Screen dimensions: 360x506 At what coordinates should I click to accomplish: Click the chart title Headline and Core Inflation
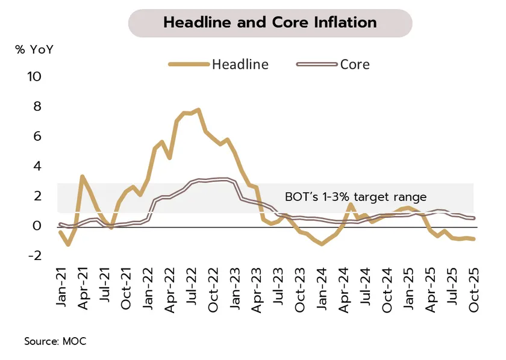click(x=270, y=23)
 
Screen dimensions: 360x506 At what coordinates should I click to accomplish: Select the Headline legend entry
click(x=240, y=64)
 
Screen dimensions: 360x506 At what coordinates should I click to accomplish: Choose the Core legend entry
click(x=355, y=64)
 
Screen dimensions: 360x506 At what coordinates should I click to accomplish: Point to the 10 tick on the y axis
click(x=34, y=77)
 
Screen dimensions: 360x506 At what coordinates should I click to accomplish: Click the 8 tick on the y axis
click(x=37, y=107)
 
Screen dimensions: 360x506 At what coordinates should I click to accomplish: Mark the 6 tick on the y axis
click(x=37, y=137)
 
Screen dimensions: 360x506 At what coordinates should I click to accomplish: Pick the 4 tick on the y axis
click(x=37, y=166)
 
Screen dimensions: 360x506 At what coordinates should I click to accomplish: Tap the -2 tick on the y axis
click(x=34, y=256)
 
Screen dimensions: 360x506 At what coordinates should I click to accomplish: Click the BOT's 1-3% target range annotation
click(x=355, y=197)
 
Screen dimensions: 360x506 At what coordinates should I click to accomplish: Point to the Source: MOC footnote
click(x=55, y=341)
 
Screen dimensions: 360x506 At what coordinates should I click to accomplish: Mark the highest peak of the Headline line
click(x=199, y=110)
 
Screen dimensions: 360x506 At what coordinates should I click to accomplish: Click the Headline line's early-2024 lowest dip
click(x=322, y=243)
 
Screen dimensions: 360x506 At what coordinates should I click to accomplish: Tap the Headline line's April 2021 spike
click(x=83, y=177)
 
